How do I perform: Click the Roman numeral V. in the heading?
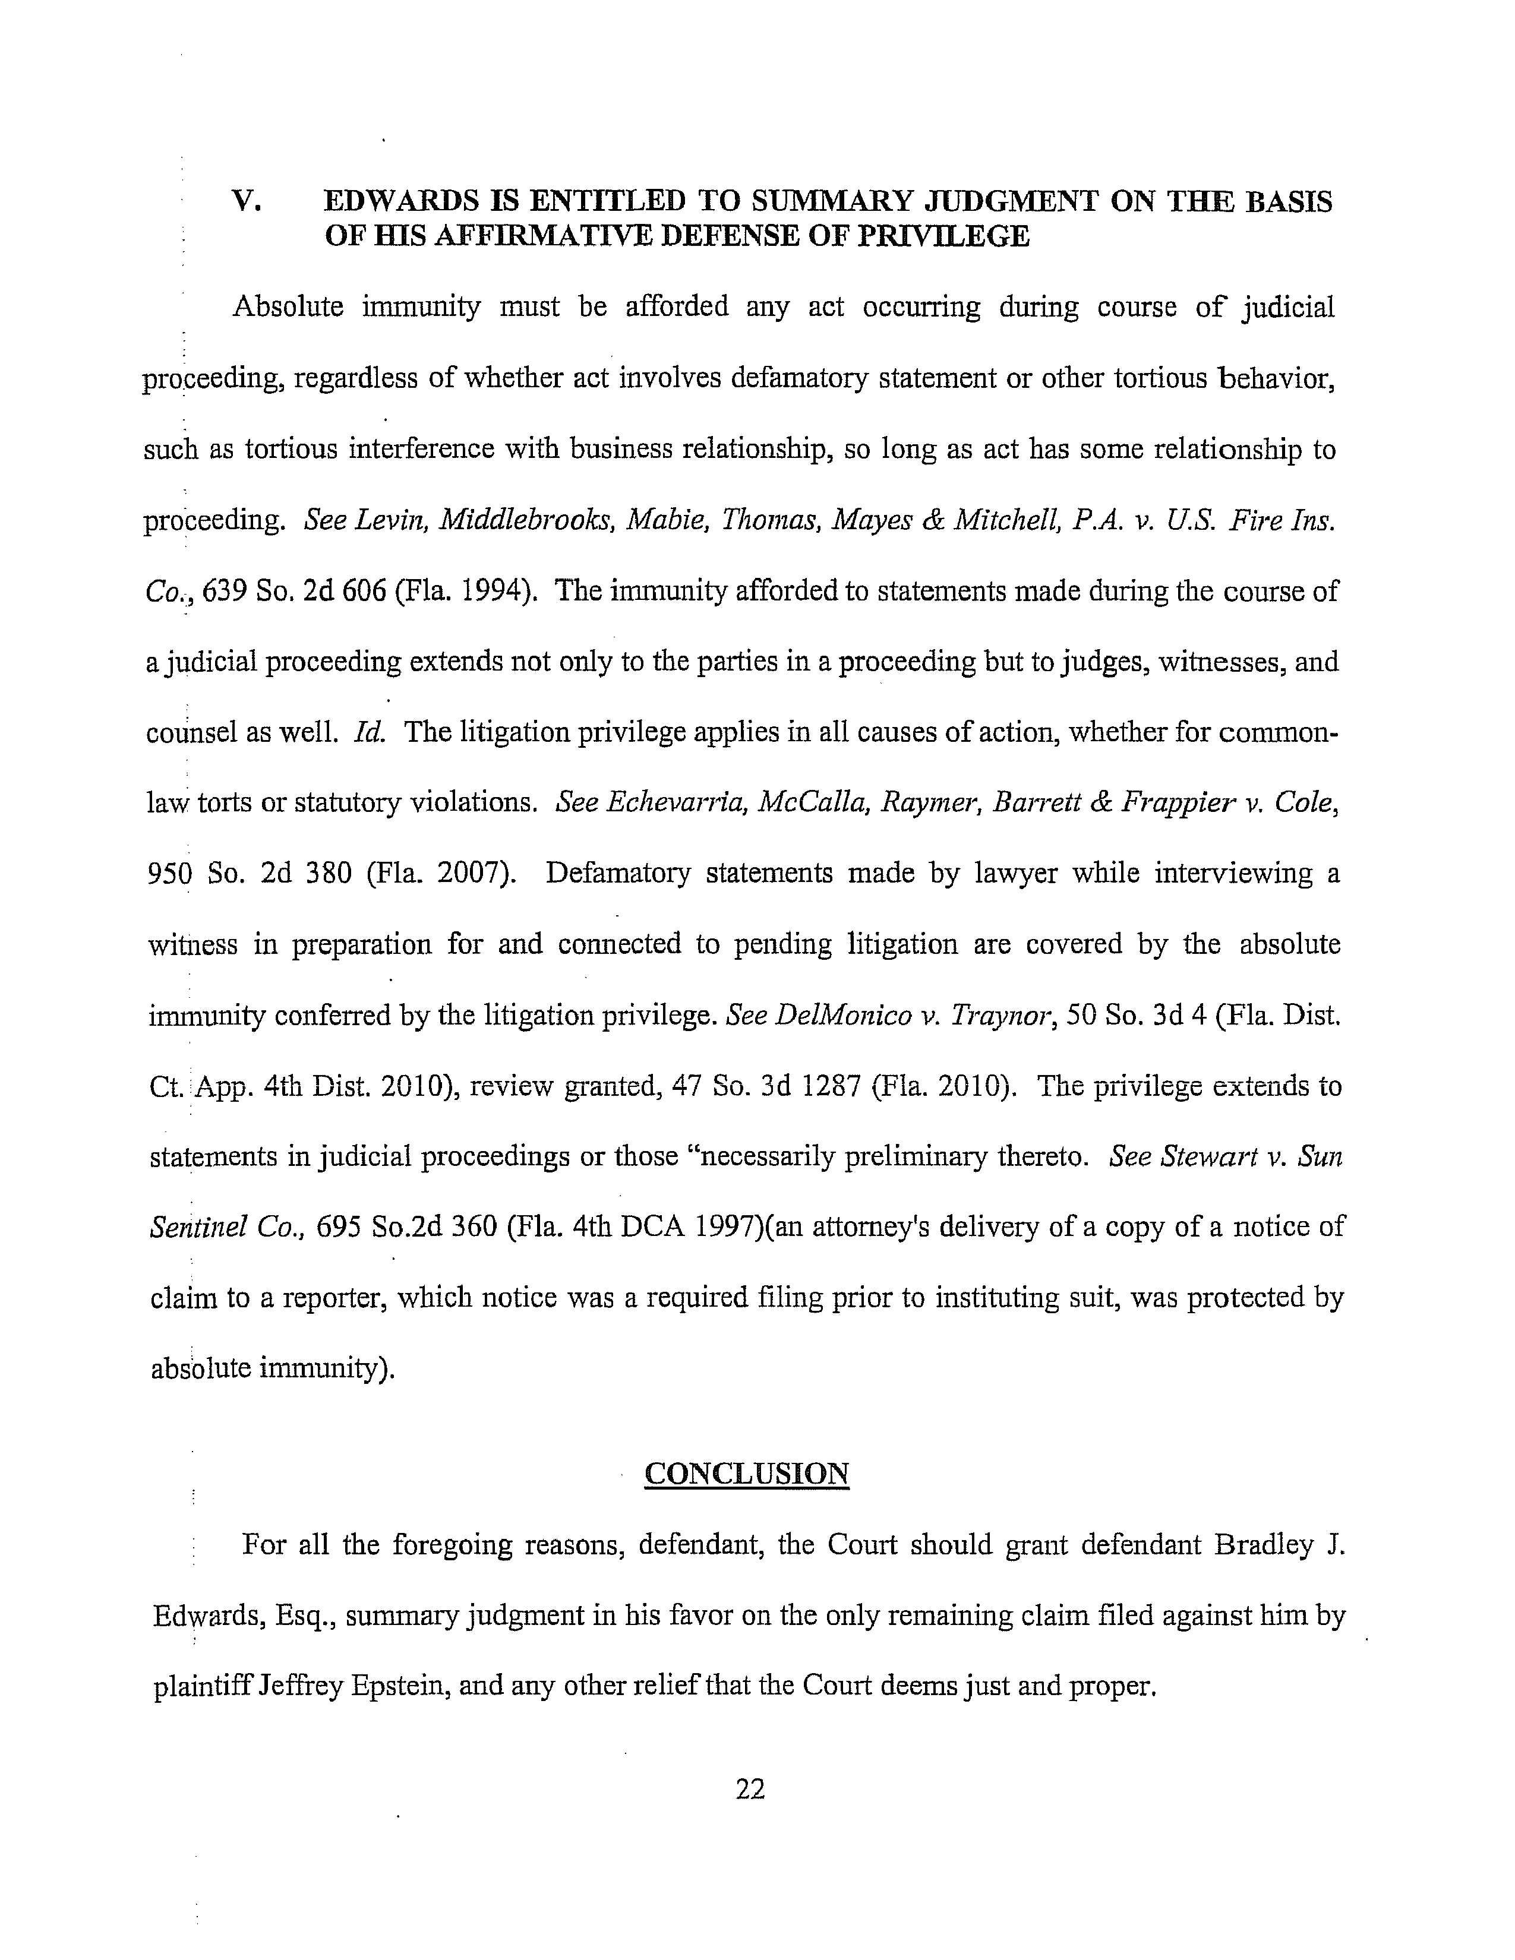pyautogui.click(x=246, y=201)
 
